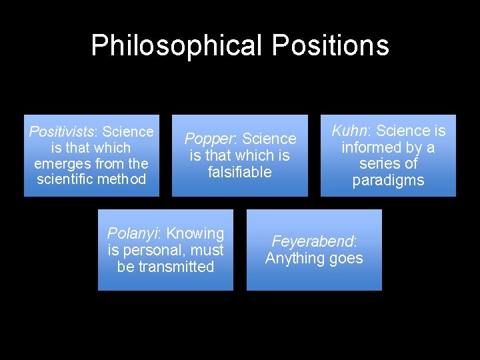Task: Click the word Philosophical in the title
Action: pos(177,45)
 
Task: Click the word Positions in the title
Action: pos(331,45)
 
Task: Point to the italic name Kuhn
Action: pos(351,131)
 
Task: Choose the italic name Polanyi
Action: pos(133,233)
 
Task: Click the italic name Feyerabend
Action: pos(313,241)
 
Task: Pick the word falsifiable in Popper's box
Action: pos(239,172)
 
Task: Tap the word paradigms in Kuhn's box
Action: pos(388,180)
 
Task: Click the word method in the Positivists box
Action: pos(124,179)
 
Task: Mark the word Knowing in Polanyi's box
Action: pos(195,233)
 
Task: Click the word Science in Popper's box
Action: pos(269,139)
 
